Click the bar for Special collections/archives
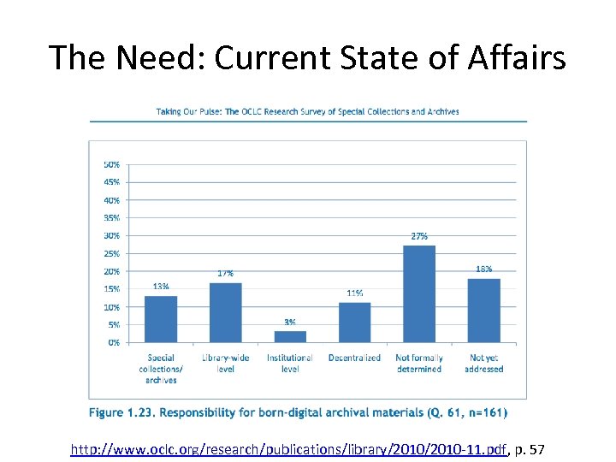pyautogui.click(x=161, y=319)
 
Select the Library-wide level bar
pyautogui.click(x=225, y=312)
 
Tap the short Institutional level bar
pyautogui.click(x=290, y=336)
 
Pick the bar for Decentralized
pyautogui.click(x=354, y=323)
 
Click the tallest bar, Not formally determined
pyautogui.click(x=419, y=293)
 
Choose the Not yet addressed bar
pyautogui.click(x=483, y=310)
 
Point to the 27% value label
pyautogui.click(x=419, y=235)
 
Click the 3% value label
pyautogui.click(x=290, y=322)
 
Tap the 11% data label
pyautogui.click(x=354, y=293)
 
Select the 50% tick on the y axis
pyautogui.click(x=111, y=164)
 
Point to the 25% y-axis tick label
pyautogui.click(x=111, y=253)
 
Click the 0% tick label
pyautogui.click(x=114, y=342)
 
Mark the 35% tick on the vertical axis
pyautogui.click(x=111, y=217)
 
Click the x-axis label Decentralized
pyautogui.click(x=354, y=358)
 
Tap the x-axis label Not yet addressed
pyautogui.click(x=483, y=364)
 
